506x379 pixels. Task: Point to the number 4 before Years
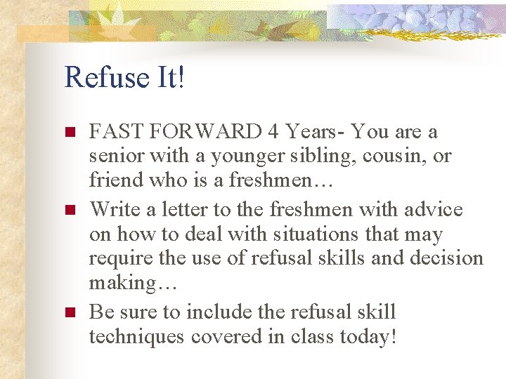point(274,132)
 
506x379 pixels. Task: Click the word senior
point(114,157)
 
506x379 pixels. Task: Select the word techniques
point(136,337)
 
